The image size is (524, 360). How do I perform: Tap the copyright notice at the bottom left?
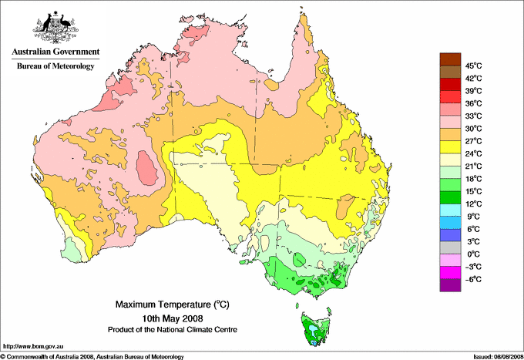point(92,356)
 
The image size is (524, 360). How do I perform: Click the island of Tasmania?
point(313,328)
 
